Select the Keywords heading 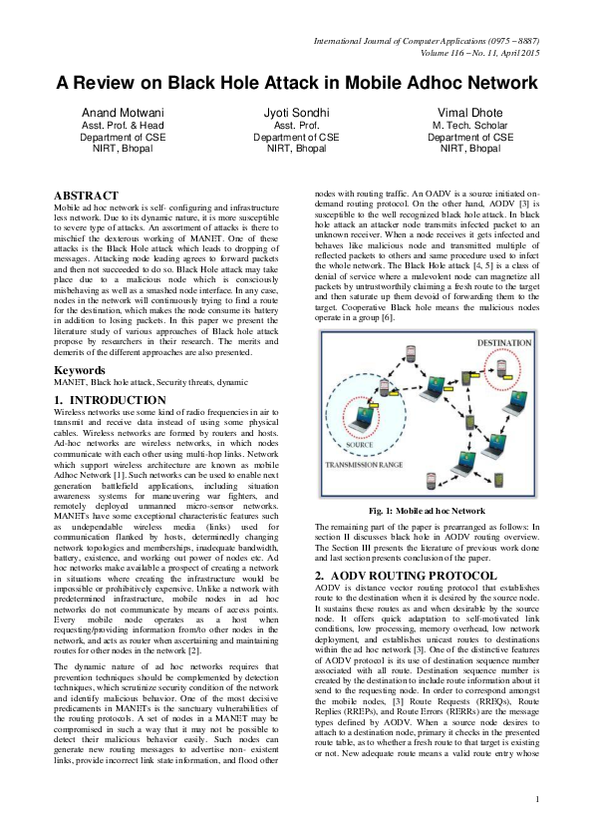click(x=81, y=370)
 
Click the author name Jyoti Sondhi click(x=296, y=113)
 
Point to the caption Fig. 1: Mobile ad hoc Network click(x=427, y=510)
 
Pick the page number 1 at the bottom click(x=537, y=826)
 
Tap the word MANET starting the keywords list click(x=69, y=383)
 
